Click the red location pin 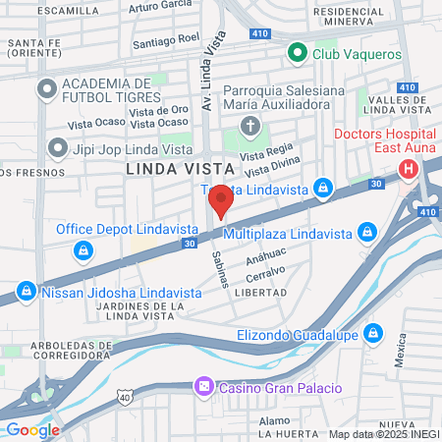click(x=221, y=200)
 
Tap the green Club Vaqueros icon click(x=296, y=53)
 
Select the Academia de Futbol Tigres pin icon click(x=45, y=89)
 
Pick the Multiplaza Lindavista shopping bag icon click(x=366, y=232)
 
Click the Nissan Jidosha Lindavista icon click(x=26, y=292)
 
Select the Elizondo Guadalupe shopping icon click(x=372, y=335)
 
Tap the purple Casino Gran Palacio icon click(x=203, y=387)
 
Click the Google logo click(x=32, y=429)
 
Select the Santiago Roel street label click(x=168, y=42)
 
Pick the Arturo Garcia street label click(x=159, y=7)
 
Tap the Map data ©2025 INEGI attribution click(x=383, y=433)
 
